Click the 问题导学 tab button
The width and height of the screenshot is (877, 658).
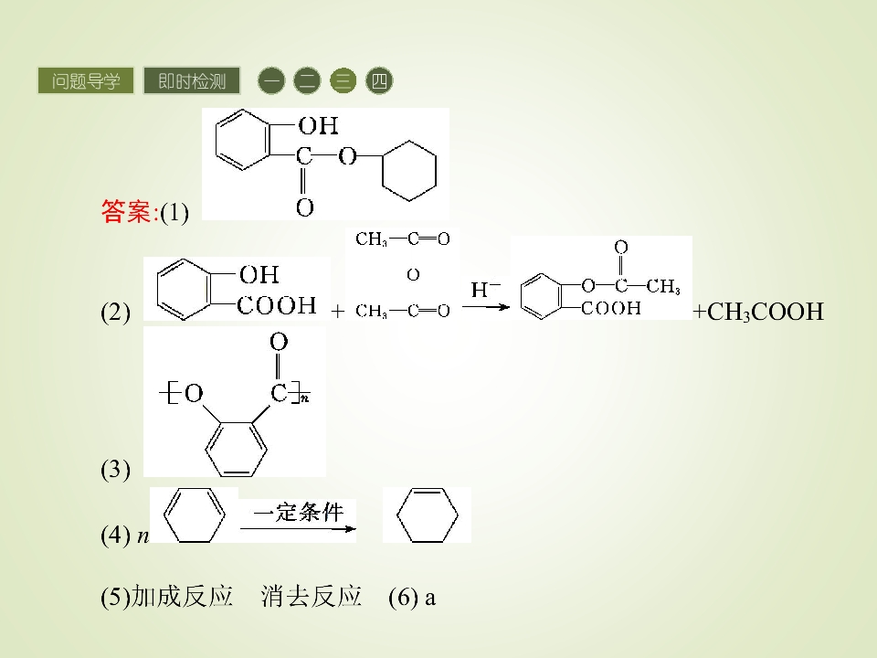(86, 80)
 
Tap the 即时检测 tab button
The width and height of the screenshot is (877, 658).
(192, 80)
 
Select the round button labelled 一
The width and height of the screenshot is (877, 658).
(271, 80)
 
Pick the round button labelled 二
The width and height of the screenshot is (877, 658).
(307, 80)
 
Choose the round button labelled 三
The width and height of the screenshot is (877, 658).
(343, 80)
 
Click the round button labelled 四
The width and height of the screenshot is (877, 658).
(379, 80)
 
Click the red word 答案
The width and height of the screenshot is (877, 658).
(126, 211)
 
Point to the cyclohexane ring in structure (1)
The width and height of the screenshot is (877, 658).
(382, 171)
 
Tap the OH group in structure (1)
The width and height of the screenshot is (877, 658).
(318, 125)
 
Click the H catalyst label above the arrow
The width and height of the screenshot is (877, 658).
(485, 289)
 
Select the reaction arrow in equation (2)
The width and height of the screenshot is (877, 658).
(485, 307)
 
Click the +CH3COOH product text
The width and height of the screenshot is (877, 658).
(758, 312)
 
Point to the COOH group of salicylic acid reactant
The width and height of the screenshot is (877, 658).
(276, 305)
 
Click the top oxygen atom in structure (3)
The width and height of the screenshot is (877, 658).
(279, 341)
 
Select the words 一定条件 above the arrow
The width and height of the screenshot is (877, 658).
(298, 512)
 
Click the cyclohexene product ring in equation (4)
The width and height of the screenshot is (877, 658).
(397, 515)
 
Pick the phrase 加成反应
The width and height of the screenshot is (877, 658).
(182, 597)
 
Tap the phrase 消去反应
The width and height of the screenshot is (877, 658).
(311, 597)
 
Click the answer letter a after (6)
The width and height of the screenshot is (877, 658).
(429, 599)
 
